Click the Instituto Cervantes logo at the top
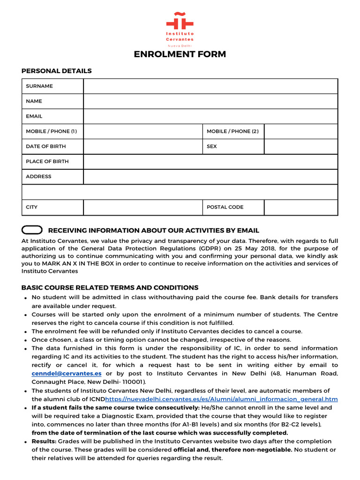tap(180, 28)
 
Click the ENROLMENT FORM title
tap(180, 54)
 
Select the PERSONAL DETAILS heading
tap(57, 71)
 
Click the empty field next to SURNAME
tap(210, 86)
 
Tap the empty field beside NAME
tap(210, 101)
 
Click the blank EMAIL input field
tap(210, 116)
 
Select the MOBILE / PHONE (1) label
tap(51, 131)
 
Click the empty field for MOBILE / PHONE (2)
tap(300, 131)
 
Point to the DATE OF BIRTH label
tap(46, 146)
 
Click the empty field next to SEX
tap(300, 146)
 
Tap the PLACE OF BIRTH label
tap(47, 161)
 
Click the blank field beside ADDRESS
tap(210, 177)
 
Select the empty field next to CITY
tap(143, 207)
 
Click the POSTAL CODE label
tap(225, 207)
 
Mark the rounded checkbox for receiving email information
tap(32, 230)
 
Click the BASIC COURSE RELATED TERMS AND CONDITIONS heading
tap(110, 287)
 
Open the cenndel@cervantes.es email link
tap(67, 374)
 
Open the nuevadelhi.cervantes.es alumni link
tap(221, 399)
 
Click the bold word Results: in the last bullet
tap(44, 442)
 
